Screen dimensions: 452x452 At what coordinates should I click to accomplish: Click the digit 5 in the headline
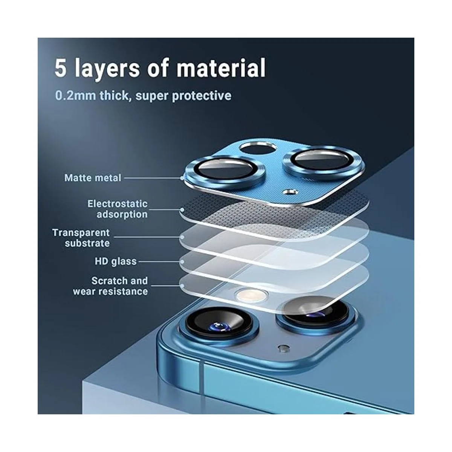pos(60,68)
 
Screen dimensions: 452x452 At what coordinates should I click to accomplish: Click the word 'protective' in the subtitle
pos(202,96)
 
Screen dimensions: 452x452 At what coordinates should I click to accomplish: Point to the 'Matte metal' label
pos(93,178)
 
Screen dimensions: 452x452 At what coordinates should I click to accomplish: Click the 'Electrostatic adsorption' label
pos(118,209)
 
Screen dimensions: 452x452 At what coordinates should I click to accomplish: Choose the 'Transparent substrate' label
pos(81,238)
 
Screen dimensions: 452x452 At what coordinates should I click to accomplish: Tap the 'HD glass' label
pos(116,261)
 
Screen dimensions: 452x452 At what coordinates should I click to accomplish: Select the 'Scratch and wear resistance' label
pos(110,286)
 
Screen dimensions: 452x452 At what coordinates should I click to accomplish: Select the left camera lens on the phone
pos(219,325)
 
